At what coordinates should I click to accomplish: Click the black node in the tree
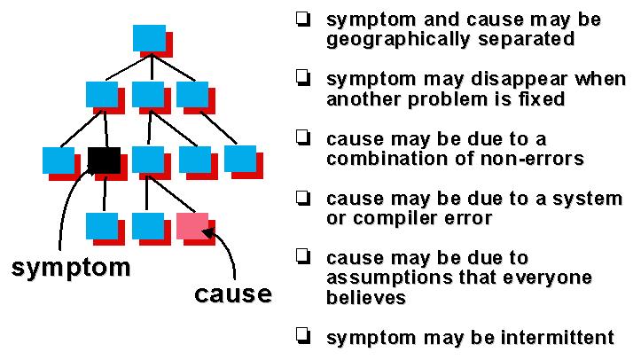click(x=104, y=160)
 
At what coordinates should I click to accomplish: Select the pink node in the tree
click(x=192, y=225)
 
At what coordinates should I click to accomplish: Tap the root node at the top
click(x=149, y=38)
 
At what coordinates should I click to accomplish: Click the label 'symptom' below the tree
click(x=70, y=267)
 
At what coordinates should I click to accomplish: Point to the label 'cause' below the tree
click(x=233, y=293)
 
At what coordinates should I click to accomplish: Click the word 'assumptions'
click(x=381, y=278)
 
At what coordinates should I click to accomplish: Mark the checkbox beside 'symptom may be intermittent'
click(x=305, y=336)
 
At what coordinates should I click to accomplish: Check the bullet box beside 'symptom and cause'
click(x=305, y=19)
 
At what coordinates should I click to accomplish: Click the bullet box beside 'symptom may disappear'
click(x=305, y=79)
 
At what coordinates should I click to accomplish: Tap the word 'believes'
click(x=365, y=297)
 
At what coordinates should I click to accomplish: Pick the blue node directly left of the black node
click(x=59, y=160)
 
